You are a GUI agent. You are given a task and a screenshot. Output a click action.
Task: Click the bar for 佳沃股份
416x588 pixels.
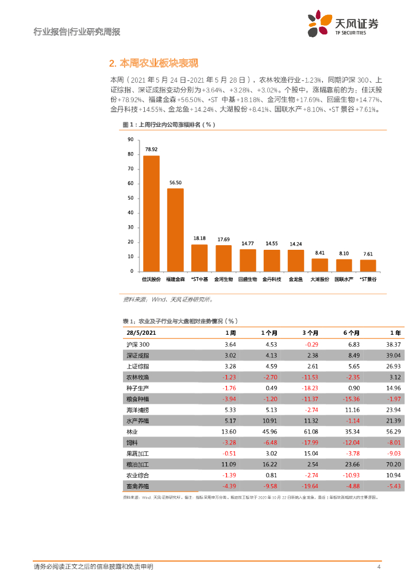151,213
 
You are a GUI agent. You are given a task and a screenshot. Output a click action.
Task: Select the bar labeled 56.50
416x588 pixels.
175,230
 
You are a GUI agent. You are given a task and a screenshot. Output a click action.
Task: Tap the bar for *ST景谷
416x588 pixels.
368,265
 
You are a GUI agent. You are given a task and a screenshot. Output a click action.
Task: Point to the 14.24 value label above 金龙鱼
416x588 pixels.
296,243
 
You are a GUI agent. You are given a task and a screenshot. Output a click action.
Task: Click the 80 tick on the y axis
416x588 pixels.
131,154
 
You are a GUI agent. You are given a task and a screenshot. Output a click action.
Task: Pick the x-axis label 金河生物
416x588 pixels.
224,279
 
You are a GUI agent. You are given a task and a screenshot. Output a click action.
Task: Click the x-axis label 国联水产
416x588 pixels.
344,279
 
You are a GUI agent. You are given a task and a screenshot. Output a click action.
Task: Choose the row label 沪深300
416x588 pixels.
138,345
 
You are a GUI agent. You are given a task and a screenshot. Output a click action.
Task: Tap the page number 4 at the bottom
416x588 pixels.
379,567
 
